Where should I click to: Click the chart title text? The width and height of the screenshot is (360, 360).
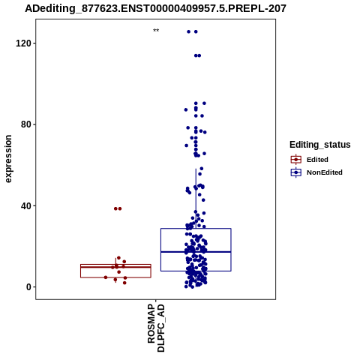[x=155, y=9]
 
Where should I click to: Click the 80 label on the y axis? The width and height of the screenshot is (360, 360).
[x=25, y=124]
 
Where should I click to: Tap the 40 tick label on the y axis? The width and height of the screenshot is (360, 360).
[x=25, y=205]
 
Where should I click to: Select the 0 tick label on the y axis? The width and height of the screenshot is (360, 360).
[x=28, y=287]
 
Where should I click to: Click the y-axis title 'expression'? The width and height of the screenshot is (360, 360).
[x=8, y=159]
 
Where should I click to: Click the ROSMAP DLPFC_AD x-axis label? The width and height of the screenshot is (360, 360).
[x=156, y=328]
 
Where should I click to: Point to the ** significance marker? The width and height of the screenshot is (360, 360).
[x=156, y=31]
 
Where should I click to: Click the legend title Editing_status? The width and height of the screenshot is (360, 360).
[x=320, y=145]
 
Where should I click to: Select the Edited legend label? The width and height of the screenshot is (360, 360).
[x=317, y=160]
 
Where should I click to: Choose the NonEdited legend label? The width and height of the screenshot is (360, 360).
[x=325, y=172]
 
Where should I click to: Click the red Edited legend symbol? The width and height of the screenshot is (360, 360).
[x=296, y=160]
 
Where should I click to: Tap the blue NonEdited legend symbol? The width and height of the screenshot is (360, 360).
[x=296, y=172]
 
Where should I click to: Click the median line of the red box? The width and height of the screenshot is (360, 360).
[x=115, y=267]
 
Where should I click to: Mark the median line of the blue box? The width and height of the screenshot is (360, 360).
[x=196, y=252]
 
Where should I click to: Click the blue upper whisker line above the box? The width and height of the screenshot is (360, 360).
[x=196, y=199]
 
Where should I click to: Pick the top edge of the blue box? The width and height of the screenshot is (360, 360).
[x=196, y=228]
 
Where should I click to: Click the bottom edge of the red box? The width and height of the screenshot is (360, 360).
[x=115, y=277]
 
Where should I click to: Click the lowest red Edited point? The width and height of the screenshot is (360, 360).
[x=124, y=283]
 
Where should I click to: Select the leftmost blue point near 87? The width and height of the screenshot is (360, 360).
[x=186, y=109]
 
